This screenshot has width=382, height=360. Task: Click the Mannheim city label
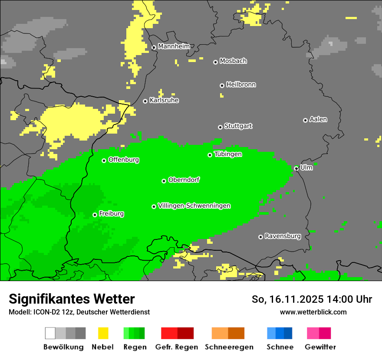(x=174, y=46)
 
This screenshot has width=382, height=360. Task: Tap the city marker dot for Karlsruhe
(x=145, y=101)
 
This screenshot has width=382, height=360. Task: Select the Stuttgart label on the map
(x=238, y=126)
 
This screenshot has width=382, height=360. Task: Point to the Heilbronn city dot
(x=222, y=85)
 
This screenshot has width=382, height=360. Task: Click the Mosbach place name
(x=233, y=61)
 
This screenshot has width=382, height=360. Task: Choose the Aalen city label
(x=318, y=119)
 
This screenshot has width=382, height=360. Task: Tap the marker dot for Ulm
(x=296, y=168)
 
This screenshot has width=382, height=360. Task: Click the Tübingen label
(x=228, y=154)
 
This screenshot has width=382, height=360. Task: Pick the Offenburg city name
(x=124, y=160)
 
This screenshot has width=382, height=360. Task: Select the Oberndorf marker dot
(x=164, y=181)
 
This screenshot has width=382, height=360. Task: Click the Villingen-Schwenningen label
(x=194, y=206)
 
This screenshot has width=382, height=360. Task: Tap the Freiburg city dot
(x=95, y=215)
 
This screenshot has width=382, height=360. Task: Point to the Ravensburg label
(x=283, y=236)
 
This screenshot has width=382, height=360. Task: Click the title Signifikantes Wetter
(x=72, y=299)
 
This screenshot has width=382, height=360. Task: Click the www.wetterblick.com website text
(x=313, y=312)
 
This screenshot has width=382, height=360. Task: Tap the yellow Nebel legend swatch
(x=103, y=333)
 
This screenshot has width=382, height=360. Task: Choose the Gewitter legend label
(x=320, y=347)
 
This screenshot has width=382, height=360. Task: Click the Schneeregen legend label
(x=229, y=347)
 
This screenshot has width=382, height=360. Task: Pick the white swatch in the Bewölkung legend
(x=50, y=333)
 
